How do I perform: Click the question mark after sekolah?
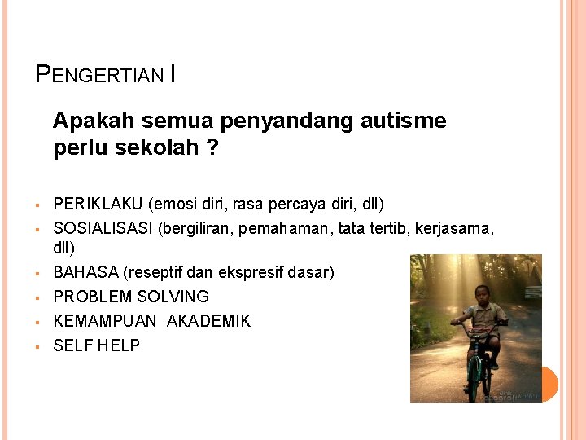click(212, 148)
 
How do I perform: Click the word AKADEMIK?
click(208, 321)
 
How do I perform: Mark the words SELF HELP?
click(96, 345)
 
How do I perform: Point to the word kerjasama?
click(453, 229)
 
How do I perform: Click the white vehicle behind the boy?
click(533, 291)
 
